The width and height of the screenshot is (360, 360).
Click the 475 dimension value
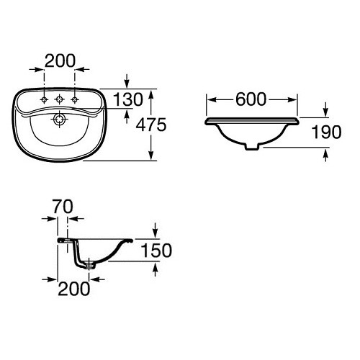151,125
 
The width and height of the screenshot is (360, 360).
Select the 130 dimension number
128,99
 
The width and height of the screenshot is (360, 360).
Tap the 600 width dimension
251,99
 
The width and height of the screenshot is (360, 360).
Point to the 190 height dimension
326,132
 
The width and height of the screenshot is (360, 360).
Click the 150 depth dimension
156,251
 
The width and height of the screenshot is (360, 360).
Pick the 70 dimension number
63,207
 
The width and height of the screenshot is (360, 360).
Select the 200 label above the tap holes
60,60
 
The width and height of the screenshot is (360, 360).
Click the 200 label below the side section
74,289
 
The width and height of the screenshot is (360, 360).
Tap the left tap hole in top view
44,99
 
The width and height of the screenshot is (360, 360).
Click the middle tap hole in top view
59,99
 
